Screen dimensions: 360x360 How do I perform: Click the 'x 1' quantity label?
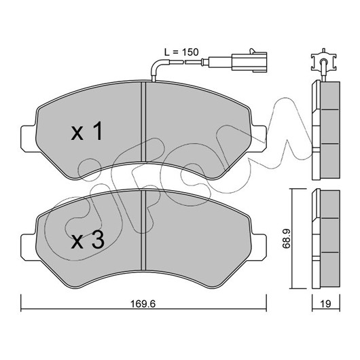pyautogui.click(x=86, y=131)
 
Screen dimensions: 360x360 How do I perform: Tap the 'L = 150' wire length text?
pyautogui.click(x=181, y=52)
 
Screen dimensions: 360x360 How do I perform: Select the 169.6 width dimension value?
pyautogui.click(x=143, y=304)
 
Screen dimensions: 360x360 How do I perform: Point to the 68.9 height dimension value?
pyautogui.click(x=287, y=238)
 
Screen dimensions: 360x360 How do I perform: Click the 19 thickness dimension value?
pyautogui.click(x=325, y=304)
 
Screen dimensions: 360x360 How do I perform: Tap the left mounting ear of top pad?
pyautogui.click(x=28, y=139)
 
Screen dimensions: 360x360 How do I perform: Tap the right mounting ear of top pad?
pyautogui.click(x=259, y=139)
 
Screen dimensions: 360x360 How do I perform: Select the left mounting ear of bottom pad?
pyautogui.click(x=28, y=247)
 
